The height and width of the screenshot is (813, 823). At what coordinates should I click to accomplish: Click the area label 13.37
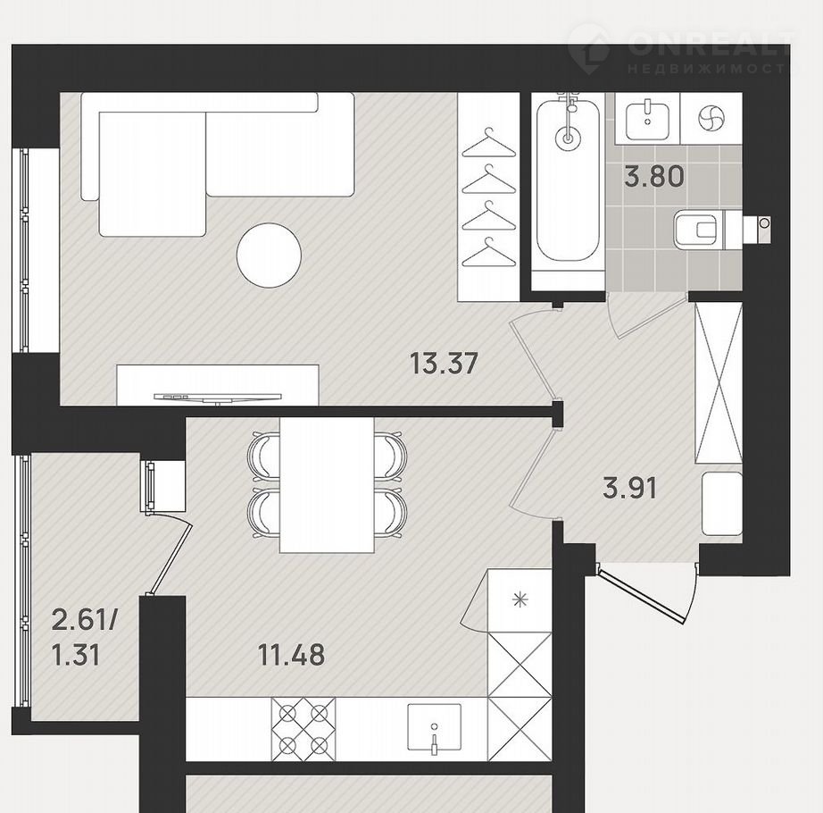point(444,364)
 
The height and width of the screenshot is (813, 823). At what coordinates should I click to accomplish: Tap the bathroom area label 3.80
point(654,177)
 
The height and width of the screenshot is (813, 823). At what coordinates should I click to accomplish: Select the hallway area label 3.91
point(630,489)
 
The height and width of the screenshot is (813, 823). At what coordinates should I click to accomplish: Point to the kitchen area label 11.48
point(292,655)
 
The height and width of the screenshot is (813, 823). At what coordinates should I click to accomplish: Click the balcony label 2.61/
point(85,622)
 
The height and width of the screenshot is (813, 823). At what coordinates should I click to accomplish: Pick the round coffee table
point(270,256)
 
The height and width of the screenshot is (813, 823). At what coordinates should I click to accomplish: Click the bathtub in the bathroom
point(568,179)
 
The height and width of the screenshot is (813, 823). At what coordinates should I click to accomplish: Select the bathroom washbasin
point(648,121)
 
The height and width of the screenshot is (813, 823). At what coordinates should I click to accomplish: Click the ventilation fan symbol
point(711,118)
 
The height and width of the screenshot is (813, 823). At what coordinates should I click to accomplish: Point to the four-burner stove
point(303,729)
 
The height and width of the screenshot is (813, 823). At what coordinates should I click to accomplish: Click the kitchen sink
point(434,729)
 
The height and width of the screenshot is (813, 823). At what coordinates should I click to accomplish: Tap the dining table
point(327,485)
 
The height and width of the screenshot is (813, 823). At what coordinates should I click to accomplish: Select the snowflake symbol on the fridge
point(520,599)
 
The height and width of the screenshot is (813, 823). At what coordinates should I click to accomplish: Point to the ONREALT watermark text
point(710,45)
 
